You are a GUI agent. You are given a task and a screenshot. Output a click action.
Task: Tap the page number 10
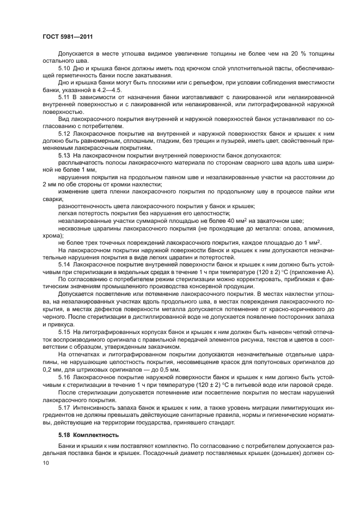tap(45, 462)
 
